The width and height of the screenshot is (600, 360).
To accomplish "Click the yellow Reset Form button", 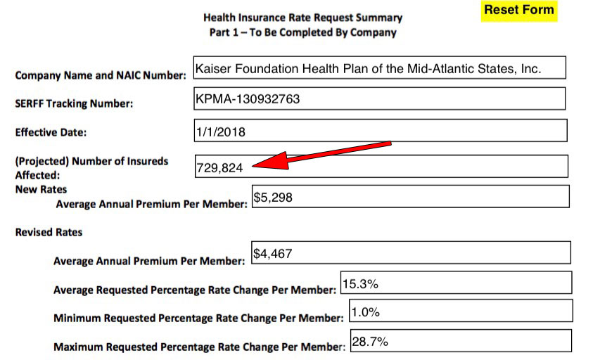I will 519,11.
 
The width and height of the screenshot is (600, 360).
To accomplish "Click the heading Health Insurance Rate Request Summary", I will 302,18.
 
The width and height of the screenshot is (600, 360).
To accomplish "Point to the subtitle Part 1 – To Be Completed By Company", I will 302,32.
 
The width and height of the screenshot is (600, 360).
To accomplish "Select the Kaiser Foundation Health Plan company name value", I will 369,70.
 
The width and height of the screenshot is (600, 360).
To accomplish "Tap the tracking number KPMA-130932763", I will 248,99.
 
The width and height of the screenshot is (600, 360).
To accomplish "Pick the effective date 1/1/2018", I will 221,131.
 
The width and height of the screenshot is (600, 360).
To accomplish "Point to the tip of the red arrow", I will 254,166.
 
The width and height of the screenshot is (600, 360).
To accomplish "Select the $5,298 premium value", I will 273,198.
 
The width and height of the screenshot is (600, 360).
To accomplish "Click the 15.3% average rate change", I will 360,285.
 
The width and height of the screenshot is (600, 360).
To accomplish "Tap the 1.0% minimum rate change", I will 366,311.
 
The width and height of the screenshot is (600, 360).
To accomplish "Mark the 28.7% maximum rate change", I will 370,342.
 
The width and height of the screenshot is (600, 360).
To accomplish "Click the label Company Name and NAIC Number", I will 101,75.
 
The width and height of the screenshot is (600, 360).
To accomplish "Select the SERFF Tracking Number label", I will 74,104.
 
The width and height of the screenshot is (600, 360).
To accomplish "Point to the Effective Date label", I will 51,132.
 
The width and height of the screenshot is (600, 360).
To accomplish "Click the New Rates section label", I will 41,190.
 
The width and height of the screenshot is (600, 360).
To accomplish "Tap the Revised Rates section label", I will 49,232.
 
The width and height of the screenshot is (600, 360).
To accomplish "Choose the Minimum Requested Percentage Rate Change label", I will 198,318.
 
